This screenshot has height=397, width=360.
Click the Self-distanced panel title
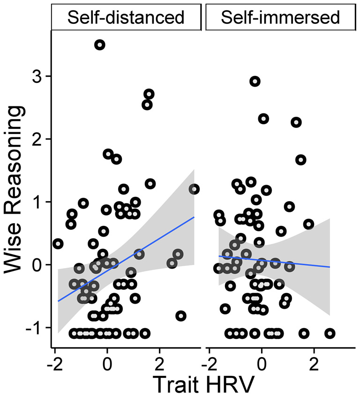coord(126,17)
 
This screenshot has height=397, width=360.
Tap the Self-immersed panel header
coord(280,17)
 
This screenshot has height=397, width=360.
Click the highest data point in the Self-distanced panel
coord(99,45)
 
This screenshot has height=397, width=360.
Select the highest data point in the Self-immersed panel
coord(255,82)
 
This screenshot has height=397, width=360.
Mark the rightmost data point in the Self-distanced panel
coord(194,189)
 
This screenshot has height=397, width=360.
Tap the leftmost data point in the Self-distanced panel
coord(58,244)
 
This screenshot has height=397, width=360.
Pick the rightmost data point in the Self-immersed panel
coord(330,333)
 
